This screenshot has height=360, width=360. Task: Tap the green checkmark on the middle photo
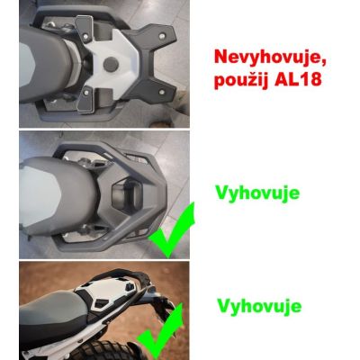171,232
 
